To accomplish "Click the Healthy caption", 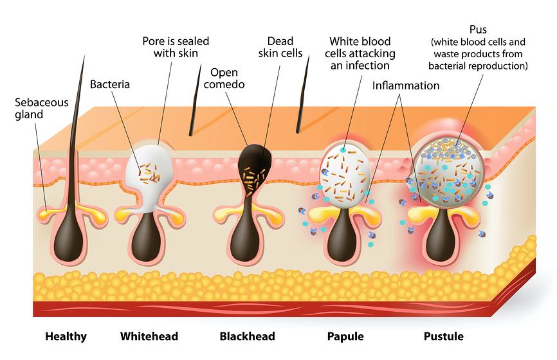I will tap(66, 336).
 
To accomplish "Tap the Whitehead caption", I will tap(149, 336).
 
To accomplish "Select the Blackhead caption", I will tap(247, 336).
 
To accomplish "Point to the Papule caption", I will tap(345, 336).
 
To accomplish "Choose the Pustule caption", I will tap(443, 336).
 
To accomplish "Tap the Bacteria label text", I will tap(110, 84).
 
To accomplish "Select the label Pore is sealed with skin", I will tap(176, 47).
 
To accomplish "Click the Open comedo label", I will tap(228, 78).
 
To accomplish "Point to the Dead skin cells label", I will tap(280, 47).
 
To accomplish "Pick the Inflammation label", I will tap(406, 85).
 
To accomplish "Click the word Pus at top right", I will tap(479, 30).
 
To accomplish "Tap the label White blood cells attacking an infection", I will tap(360, 53).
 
